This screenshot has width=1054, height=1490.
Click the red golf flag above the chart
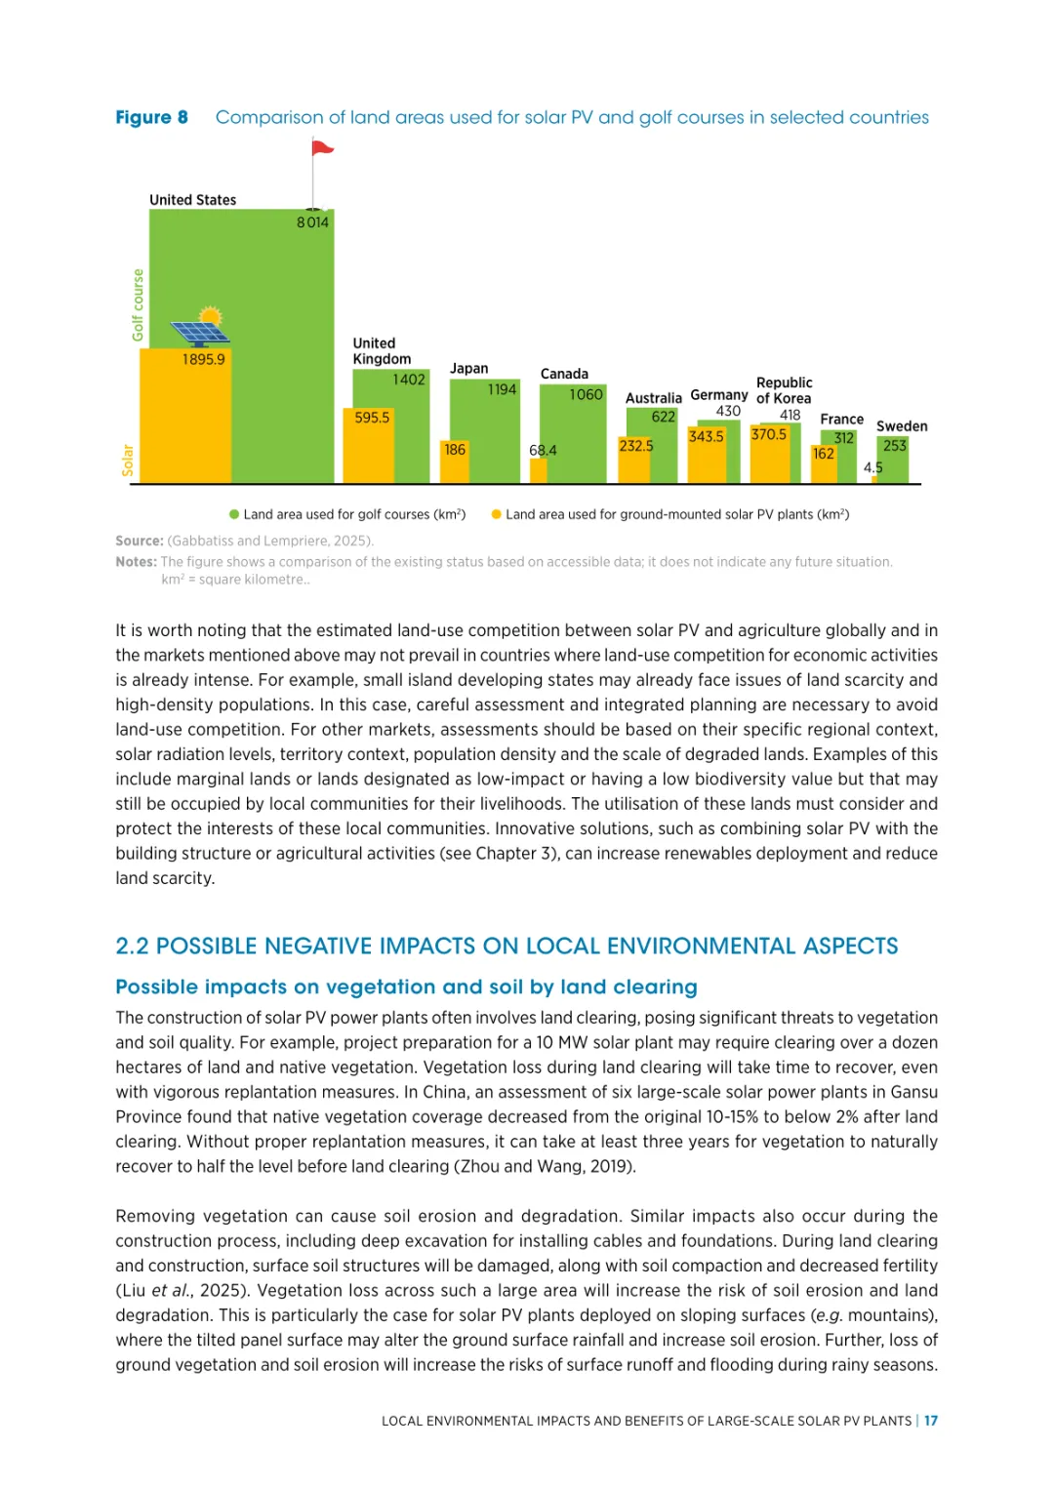coord(322,148)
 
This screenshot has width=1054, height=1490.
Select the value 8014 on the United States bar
coord(312,222)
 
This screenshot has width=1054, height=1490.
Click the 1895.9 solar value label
coord(203,359)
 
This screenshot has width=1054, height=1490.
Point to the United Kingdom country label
coord(382,351)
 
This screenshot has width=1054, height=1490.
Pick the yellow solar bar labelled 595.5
coord(372,445)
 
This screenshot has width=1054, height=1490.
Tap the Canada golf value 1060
coord(586,394)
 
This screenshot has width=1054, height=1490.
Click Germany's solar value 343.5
coord(707,436)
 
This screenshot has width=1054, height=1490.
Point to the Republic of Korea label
coord(784,390)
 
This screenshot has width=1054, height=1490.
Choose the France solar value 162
coord(824,454)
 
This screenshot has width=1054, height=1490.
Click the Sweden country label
coord(902,426)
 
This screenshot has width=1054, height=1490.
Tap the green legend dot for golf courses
coord(234,514)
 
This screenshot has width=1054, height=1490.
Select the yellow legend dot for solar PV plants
coord(497,514)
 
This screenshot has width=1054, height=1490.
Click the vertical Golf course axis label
coord(138,305)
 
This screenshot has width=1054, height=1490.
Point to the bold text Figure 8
coord(151,117)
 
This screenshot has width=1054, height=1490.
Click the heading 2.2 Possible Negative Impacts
coord(507,946)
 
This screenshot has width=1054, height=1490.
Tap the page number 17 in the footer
coord(931,1421)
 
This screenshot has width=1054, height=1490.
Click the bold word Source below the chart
coord(139,541)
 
